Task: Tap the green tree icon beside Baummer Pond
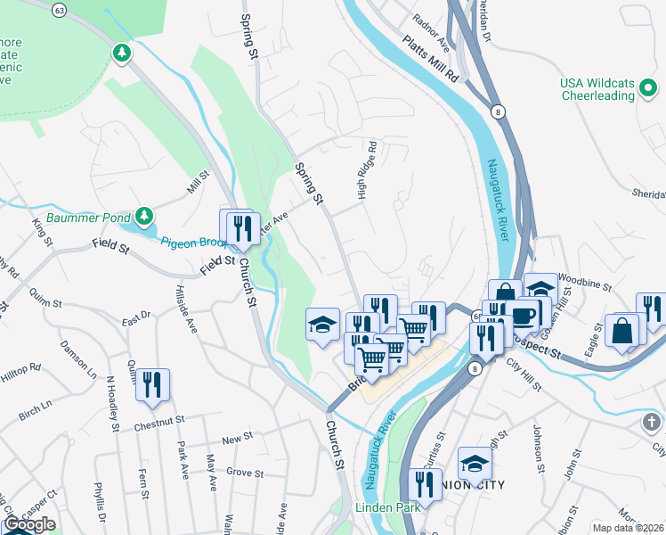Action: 143,216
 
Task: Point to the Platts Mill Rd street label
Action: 429,58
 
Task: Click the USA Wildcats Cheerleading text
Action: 597,90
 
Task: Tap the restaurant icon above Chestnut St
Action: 152,385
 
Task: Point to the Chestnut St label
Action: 158,418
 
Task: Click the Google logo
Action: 29,524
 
